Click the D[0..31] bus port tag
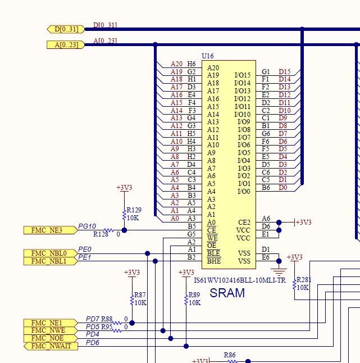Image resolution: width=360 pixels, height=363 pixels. (x=66, y=29)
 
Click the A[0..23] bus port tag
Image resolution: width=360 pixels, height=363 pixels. (x=66, y=44)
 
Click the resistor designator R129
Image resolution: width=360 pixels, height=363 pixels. (x=134, y=210)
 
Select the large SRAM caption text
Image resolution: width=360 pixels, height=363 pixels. (x=227, y=293)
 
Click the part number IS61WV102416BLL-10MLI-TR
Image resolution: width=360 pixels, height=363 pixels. (x=239, y=280)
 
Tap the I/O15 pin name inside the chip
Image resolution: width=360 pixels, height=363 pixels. (x=243, y=75)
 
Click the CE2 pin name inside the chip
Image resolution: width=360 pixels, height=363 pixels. (x=244, y=223)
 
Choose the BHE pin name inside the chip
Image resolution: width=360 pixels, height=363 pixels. (x=213, y=261)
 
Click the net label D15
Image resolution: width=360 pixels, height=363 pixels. (x=285, y=72)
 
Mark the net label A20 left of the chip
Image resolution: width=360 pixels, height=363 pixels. (x=176, y=64)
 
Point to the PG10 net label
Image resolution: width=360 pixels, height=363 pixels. (x=87, y=226)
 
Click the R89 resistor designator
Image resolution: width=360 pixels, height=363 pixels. (x=194, y=294)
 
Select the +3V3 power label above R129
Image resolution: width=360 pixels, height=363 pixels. (x=124, y=188)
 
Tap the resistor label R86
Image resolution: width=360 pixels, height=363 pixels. (x=230, y=355)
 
